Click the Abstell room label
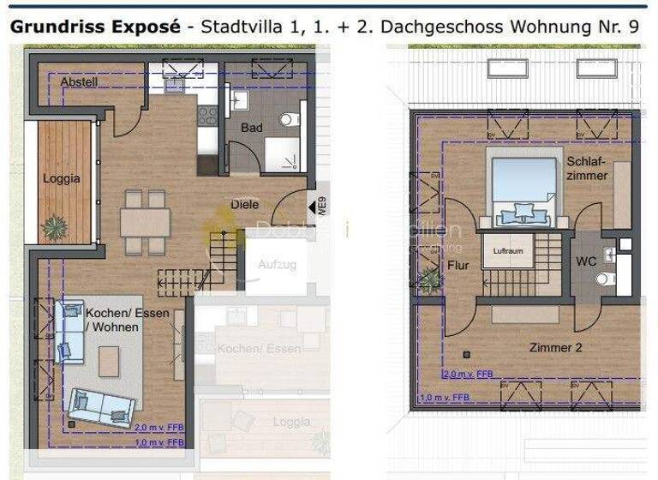click(x=79, y=81)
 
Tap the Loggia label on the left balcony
click(x=62, y=178)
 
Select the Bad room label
click(x=251, y=128)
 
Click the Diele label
click(x=244, y=204)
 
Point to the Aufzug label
click(x=277, y=264)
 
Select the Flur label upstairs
click(x=458, y=266)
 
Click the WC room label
click(x=586, y=261)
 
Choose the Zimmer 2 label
click(x=555, y=347)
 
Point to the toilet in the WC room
click(x=606, y=278)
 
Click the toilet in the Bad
click(x=289, y=119)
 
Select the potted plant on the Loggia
click(x=55, y=226)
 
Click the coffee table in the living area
click(x=110, y=361)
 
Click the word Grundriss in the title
click(x=57, y=26)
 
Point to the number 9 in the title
click(x=633, y=26)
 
